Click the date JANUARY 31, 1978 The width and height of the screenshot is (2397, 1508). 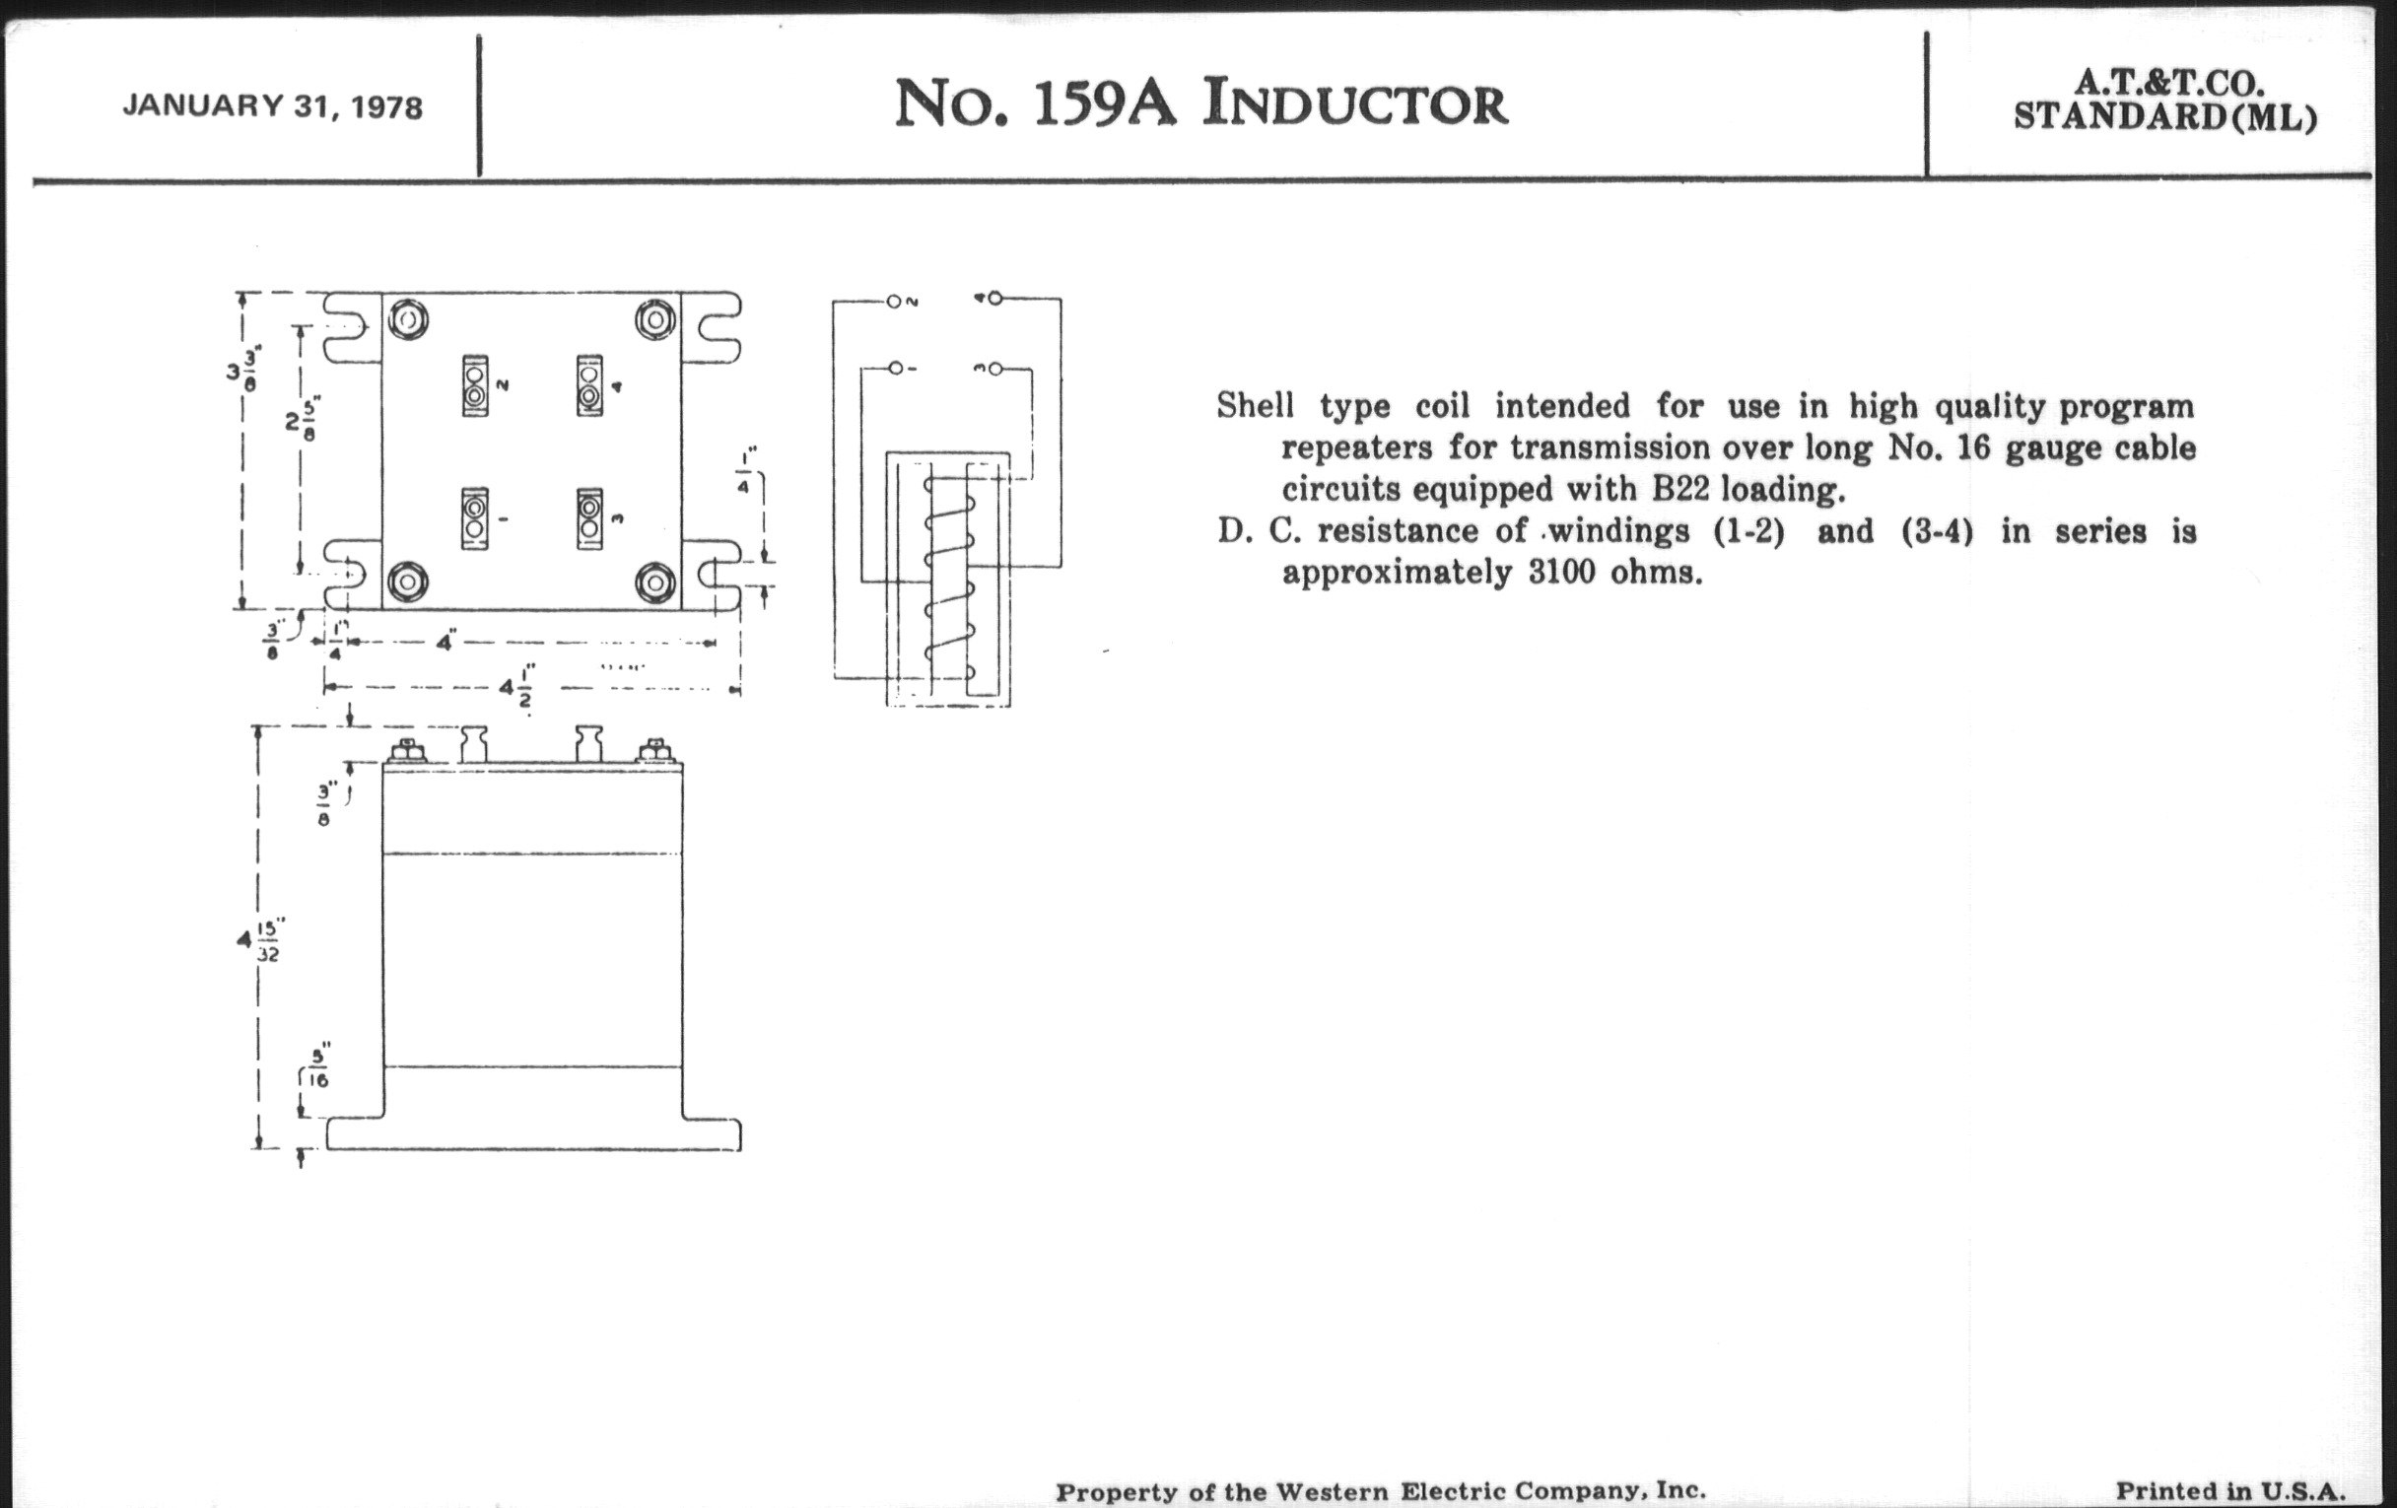273,106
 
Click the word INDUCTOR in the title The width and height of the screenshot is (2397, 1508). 1355,104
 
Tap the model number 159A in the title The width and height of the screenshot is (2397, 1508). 1105,104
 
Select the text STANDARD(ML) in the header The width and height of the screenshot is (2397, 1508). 2165,117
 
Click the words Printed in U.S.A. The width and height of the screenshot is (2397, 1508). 2230,1491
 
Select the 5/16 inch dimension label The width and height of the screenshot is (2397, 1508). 318,1066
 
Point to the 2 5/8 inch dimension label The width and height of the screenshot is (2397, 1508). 303,422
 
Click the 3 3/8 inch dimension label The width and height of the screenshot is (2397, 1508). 240,369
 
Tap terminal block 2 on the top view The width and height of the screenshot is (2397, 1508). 475,385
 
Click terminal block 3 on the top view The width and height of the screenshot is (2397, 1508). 589,518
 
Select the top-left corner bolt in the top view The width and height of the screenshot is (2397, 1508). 408,320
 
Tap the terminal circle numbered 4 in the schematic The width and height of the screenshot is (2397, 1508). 994,298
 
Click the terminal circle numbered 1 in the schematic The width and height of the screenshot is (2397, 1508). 895,369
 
